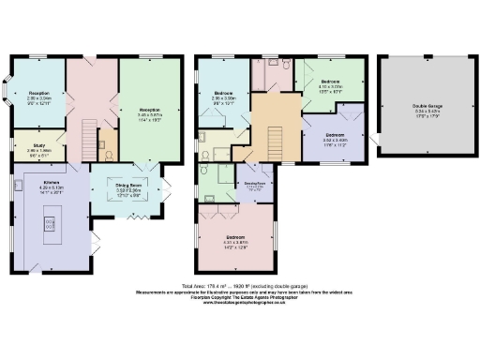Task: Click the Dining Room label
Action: pyautogui.click(x=127, y=187)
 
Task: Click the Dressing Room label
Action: pyautogui.click(x=254, y=186)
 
